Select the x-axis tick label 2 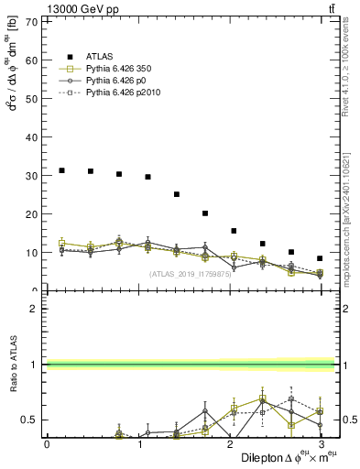(x=229, y=443)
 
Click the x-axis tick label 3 (x=321, y=443)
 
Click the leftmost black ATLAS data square (x=61, y=170)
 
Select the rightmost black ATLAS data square (x=320, y=258)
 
